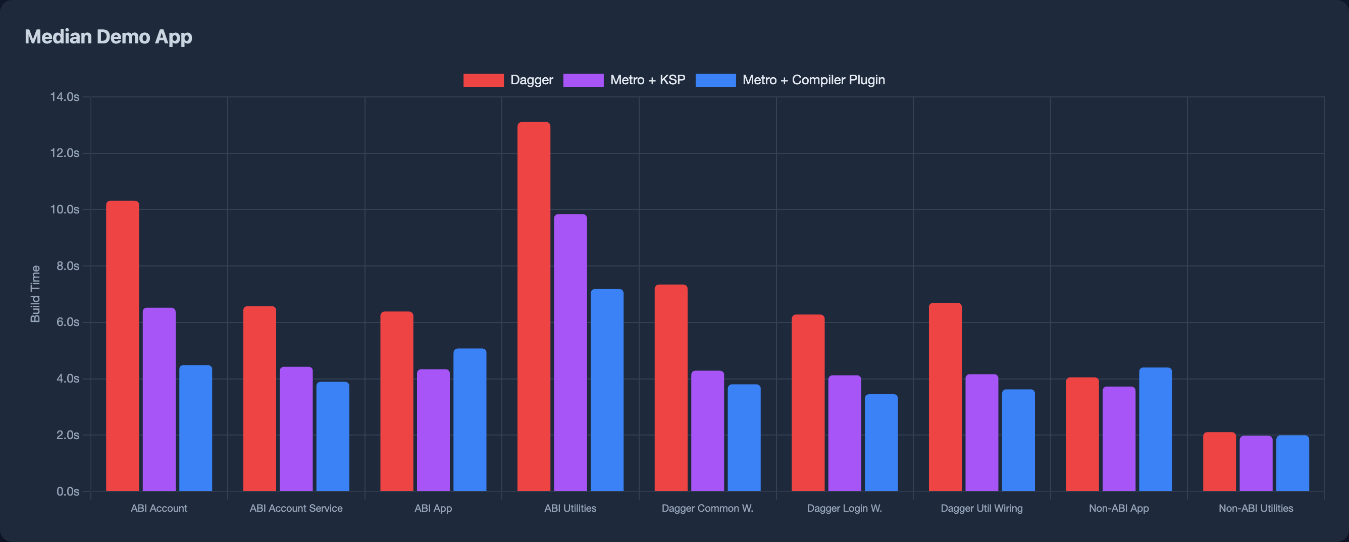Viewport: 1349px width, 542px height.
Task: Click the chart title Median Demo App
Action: [x=109, y=37]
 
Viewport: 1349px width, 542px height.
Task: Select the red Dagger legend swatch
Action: [x=483, y=80]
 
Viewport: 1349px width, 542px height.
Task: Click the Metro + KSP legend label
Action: [x=647, y=80]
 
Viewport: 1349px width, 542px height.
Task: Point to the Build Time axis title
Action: [x=35, y=294]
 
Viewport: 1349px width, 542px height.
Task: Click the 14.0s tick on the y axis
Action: [x=65, y=97]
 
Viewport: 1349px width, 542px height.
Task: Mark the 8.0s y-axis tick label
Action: [x=68, y=266]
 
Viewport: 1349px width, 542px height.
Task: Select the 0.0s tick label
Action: [x=68, y=491]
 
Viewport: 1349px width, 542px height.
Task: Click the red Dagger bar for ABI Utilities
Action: [x=534, y=306]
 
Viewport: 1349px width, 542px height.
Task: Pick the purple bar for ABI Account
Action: [x=159, y=399]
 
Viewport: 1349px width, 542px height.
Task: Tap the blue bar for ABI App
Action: [x=470, y=419]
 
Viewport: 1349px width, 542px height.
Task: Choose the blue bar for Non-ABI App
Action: [x=1155, y=429]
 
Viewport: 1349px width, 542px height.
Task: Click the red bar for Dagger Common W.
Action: [x=671, y=388]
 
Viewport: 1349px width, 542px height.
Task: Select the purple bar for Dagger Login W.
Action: [x=844, y=433]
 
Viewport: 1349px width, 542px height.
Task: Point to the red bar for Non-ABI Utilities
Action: [x=1219, y=461]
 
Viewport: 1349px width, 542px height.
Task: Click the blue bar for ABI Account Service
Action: [x=333, y=436]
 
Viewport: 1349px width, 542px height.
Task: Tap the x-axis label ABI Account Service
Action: [x=296, y=508]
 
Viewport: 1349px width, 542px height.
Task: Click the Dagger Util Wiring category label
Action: [x=981, y=508]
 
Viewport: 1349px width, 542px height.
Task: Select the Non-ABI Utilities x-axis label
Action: [x=1255, y=508]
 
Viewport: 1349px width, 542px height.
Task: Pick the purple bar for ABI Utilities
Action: [x=570, y=352]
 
